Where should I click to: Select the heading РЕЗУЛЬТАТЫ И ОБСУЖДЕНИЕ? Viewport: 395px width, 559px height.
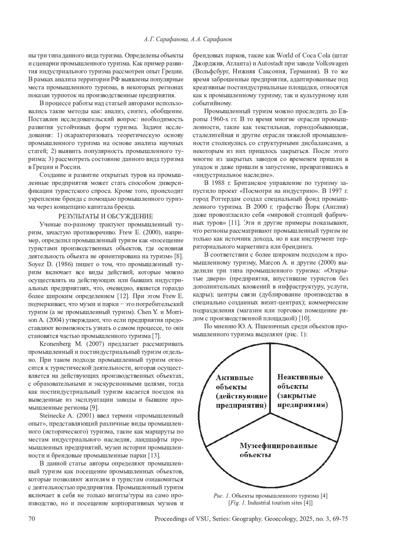click(105, 216)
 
